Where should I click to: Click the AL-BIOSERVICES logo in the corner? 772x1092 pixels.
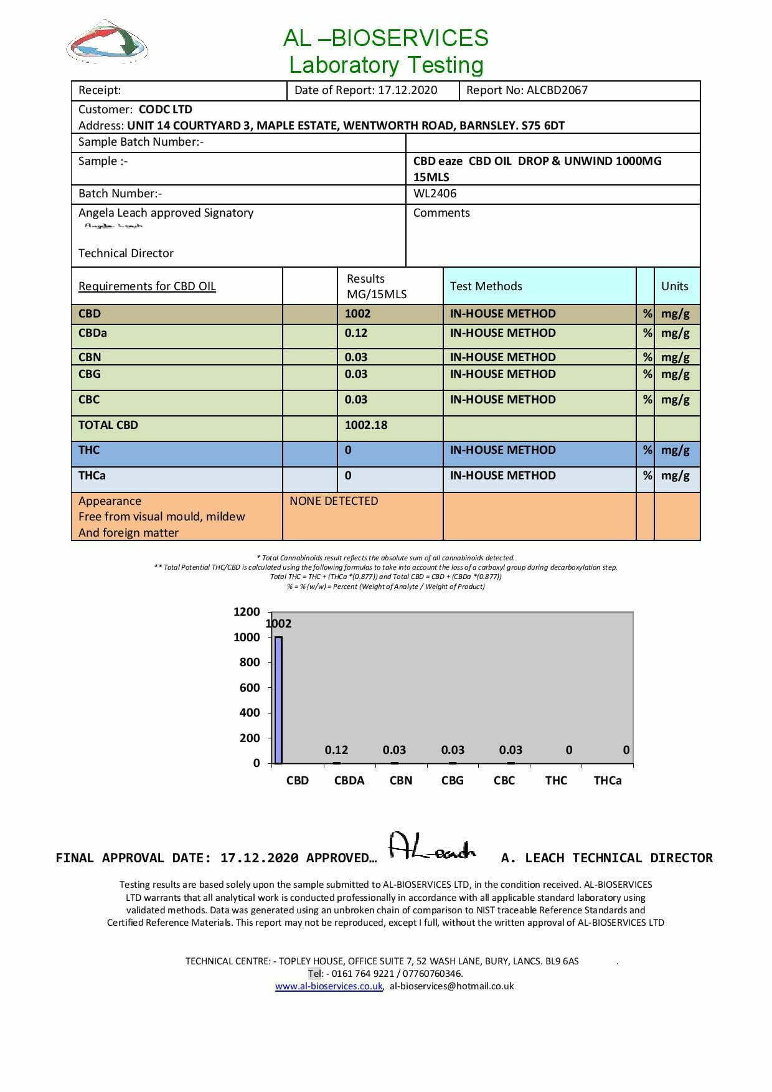tap(106, 42)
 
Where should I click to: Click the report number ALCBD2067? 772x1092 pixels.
tap(557, 90)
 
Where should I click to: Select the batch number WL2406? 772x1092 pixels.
tap(435, 194)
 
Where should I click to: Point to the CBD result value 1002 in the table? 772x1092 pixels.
tap(357, 314)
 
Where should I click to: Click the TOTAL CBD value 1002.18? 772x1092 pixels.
tap(366, 425)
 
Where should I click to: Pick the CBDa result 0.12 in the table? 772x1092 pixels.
tap(356, 333)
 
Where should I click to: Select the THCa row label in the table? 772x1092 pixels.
tap(92, 476)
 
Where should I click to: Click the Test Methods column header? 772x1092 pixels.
tap(486, 286)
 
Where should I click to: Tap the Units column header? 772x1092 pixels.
tap(674, 286)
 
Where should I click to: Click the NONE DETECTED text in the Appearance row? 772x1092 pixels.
tap(334, 501)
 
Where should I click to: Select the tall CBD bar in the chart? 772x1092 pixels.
tap(278, 700)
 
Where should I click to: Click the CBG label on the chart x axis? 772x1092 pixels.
tap(453, 781)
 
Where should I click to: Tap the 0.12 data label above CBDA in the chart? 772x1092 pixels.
tap(336, 750)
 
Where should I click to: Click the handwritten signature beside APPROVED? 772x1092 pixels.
tap(432, 847)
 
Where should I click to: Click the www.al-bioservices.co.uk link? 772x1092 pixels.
tap(329, 986)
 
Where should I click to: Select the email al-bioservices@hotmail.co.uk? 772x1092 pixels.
tap(452, 986)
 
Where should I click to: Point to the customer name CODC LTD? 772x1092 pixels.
tap(165, 110)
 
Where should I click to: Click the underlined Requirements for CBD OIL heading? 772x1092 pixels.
tap(147, 286)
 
